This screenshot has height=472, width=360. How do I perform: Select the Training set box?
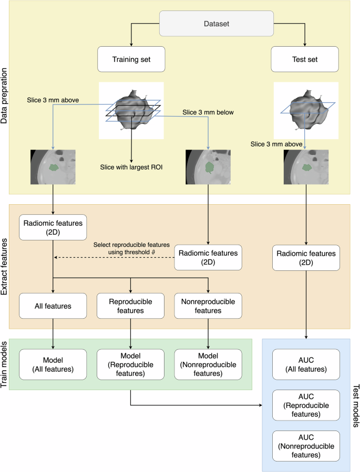(x=131, y=59)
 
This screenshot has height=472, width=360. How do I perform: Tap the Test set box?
(x=305, y=59)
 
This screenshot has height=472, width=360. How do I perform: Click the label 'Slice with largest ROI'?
(x=130, y=167)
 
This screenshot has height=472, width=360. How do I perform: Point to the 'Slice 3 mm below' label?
(x=208, y=112)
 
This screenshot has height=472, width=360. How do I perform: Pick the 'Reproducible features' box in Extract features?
(x=131, y=305)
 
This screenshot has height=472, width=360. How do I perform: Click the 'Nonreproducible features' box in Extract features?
(x=209, y=305)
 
